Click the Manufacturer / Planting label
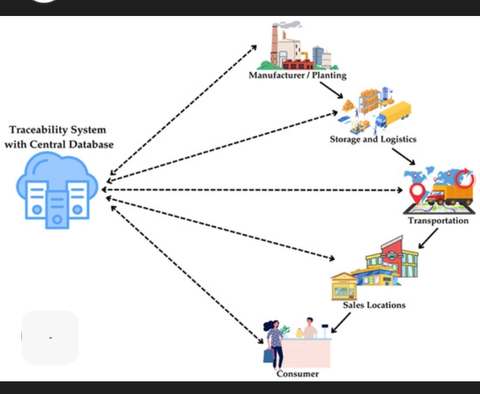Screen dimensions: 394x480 [297, 75]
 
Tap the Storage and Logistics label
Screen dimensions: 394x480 [373, 139]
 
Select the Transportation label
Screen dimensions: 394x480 [438, 220]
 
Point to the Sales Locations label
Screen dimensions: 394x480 [373, 305]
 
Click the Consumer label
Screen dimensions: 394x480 [297, 373]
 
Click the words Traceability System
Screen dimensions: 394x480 [57, 130]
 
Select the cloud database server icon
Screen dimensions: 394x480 [57, 188]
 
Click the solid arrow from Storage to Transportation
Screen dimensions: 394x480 [403, 156]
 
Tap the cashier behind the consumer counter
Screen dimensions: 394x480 [310, 330]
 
